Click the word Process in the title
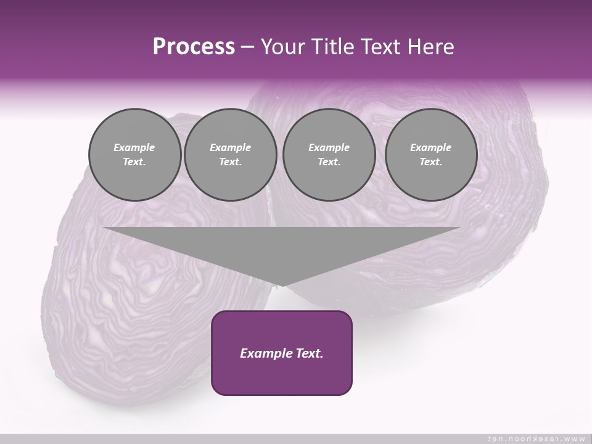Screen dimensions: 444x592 pyautogui.click(x=194, y=46)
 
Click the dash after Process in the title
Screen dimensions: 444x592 pyautogui.click(x=248, y=47)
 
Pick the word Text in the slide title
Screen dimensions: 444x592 pyautogui.click(x=385, y=47)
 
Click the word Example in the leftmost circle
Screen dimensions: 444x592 pyautogui.click(x=134, y=147)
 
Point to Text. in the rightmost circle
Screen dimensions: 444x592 pyautogui.click(x=430, y=162)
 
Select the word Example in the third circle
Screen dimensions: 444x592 pyautogui.click(x=329, y=147)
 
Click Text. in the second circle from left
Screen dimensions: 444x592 pyautogui.click(x=230, y=162)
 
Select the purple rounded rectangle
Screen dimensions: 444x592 pyautogui.click(x=281, y=376)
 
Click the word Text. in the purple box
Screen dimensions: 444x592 pyautogui.click(x=308, y=353)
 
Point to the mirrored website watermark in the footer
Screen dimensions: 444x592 pyautogui.click(x=536, y=438)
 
